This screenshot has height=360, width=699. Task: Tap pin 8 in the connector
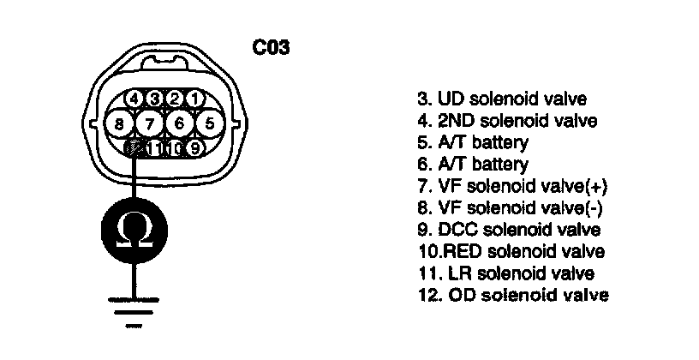(x=118, y=123)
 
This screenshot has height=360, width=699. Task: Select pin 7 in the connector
(x=149, y=123)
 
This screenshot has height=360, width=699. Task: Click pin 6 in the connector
(x=179, y=123)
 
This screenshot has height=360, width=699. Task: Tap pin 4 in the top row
(x=134, y=99)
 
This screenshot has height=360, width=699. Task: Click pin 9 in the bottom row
(x=194, y=148)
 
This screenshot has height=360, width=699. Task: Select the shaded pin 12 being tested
(x=134, y=148)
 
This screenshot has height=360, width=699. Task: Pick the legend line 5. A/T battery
(x=472, y=142)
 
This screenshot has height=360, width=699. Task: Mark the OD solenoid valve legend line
(x=511, y=296)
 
